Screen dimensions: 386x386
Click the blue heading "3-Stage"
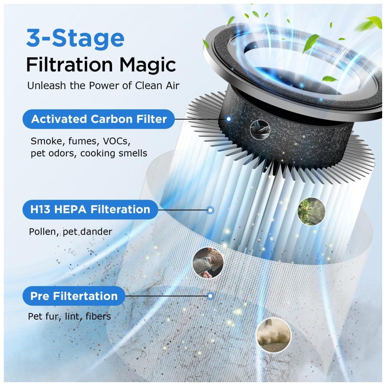(x=75, y=38)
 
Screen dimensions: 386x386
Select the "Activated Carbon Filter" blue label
(x=99, y=119)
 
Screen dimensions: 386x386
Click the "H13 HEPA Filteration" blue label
(x=90, y=210)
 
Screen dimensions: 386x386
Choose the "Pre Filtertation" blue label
(x=74, y=296)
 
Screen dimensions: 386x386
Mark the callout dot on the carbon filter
(x=229, y=119)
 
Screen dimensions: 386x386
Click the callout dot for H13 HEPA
(x=210, y=210)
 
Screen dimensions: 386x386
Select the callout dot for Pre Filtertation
(x=210, y=296)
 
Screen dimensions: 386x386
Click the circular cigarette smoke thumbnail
(x=260, y=130)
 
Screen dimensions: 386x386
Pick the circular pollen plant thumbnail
(x=312, y=211)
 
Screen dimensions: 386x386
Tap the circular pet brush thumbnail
(x=208, y=263)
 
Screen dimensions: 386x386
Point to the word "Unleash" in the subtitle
(x=47, y=86)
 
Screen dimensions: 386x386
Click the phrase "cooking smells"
(x=113, y=153)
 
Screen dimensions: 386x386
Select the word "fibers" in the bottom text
(x=98, y=317)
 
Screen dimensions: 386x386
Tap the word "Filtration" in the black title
(x=69, y=65)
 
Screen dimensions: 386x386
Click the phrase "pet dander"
(x=87, y=232)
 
